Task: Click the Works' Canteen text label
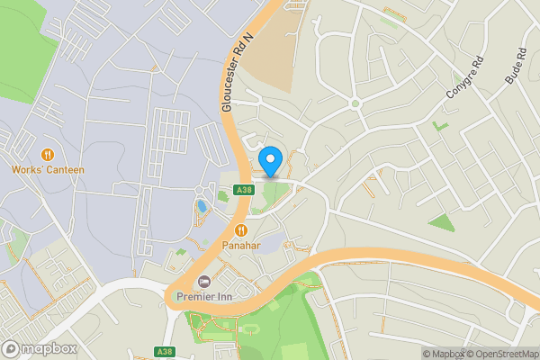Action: click(x=48, y=169)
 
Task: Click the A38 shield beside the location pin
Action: click(x=242, y=189)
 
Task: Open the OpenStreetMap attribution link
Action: click(x=501, y=354)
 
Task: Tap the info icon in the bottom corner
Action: click(x=427, y=354)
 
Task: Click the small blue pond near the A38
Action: click(x=202, y=206)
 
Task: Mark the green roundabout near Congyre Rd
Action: click(x=355, y=103)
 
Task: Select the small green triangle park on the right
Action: click(x=441, y=221)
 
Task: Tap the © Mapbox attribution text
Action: click(x=446, y=354)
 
